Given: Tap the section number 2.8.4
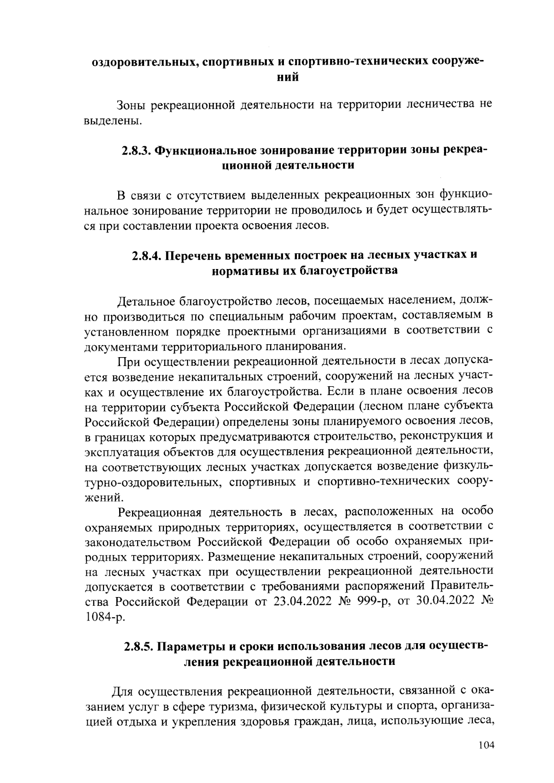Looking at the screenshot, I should click(x=147, y=255).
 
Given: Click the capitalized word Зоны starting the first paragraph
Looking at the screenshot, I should click(x=131, y=105).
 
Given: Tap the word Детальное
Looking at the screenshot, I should click(x=146, y=302).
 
